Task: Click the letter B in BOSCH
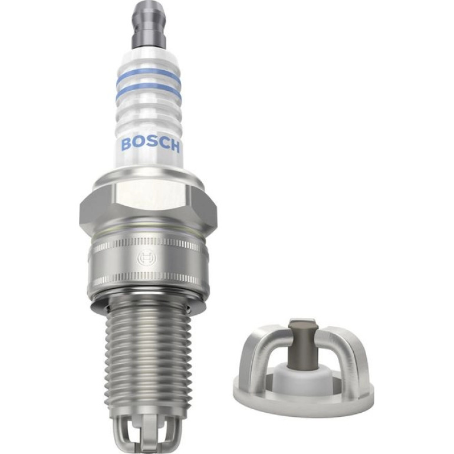tap(126, 144)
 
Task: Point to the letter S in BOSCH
tap(150, 146)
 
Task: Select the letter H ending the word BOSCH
tap(175, 147)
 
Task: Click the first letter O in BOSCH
tap(139, 144)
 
